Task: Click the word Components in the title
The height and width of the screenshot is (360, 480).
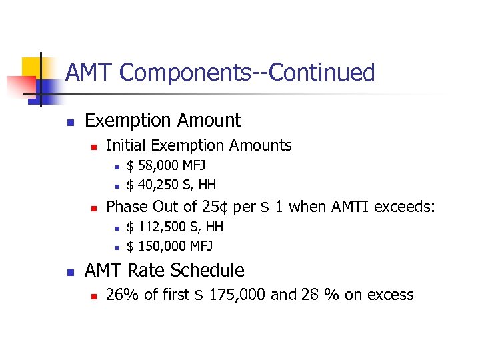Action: (189, 73)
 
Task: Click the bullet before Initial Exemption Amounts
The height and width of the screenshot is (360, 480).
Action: (94, 146)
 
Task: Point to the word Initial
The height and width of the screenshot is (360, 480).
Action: (126, 145)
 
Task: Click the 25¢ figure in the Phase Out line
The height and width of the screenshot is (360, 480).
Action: (213, 207)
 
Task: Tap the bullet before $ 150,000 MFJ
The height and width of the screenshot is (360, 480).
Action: (115, 247)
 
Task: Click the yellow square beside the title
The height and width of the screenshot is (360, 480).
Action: (32, 67)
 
